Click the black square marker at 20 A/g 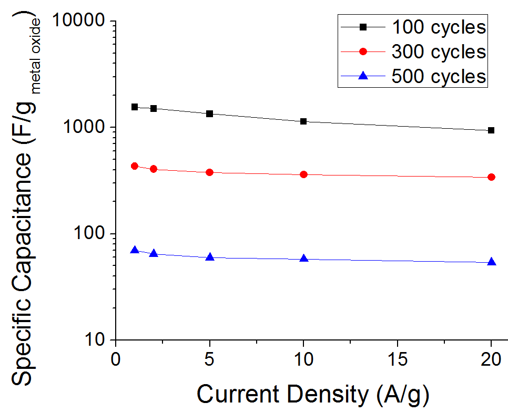click(x=491, y=130)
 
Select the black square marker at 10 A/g click(x=303, y=121)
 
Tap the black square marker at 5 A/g click(x=209, y=113)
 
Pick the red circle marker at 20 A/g click(x=491, y=177)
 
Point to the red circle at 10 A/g click(x=303, y=174)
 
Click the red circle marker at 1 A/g click(x=134, y=166)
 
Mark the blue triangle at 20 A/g click(x=491, y=262)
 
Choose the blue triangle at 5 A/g click(x=209, y=257)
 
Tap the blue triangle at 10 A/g click(x=303, y=259)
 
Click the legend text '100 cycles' click(x=439, y=27)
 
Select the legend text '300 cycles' click(x=439, y=51)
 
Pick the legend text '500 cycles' click(x=439, y=76)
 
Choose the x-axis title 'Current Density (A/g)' click(x=313, y=395)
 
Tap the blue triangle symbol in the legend click(x=362, y=76)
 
